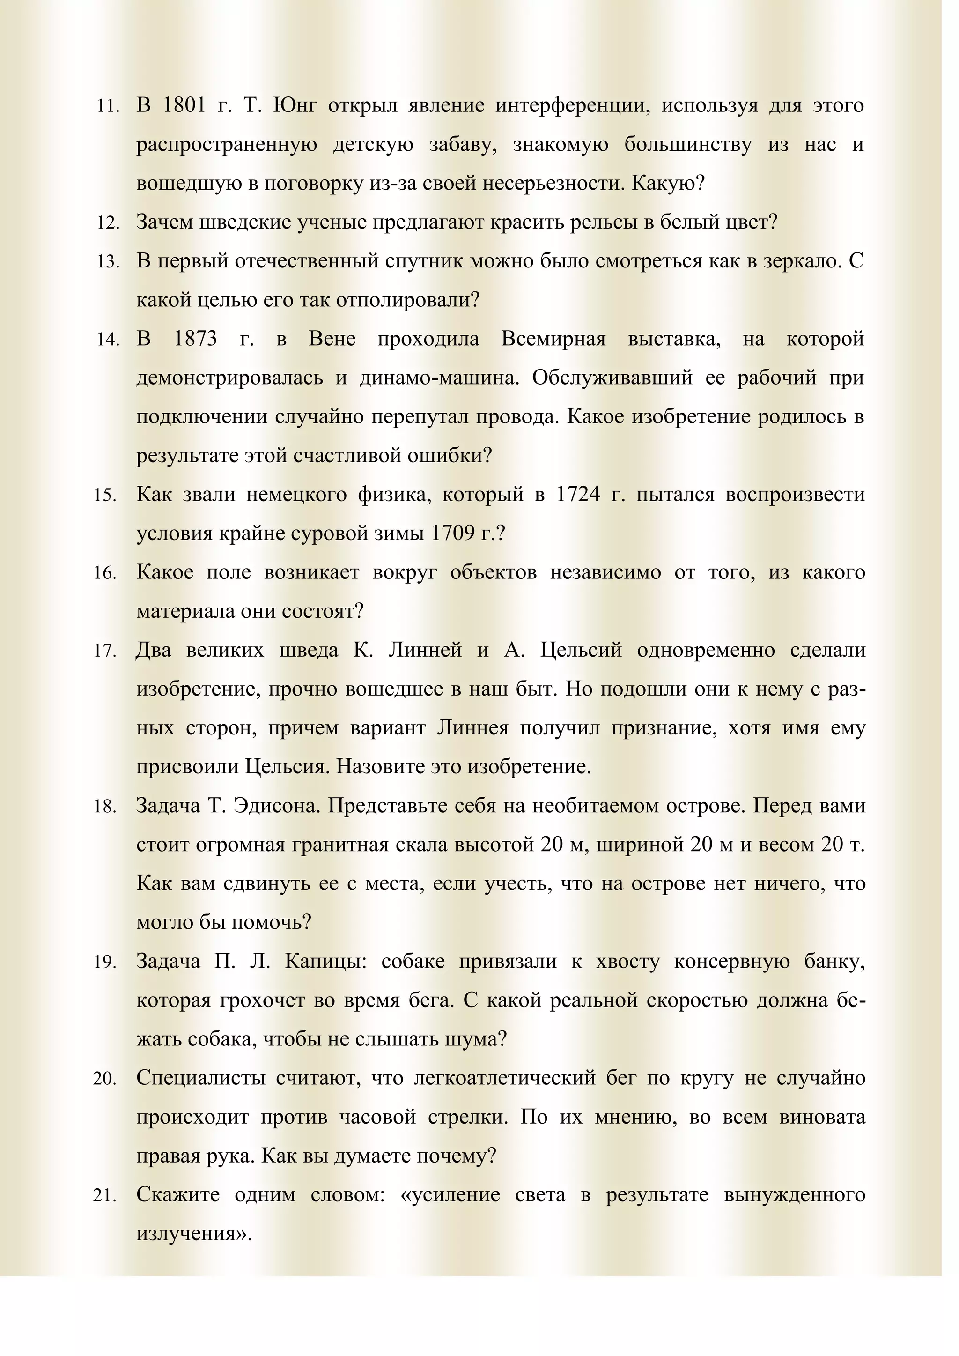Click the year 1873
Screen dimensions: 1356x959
coord(195,340)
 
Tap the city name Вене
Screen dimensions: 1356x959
coord(332,340)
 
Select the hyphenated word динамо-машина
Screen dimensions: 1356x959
coord(439,378)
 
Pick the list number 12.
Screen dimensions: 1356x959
coord(108,223)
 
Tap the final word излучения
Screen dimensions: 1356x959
coord(194,1234)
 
